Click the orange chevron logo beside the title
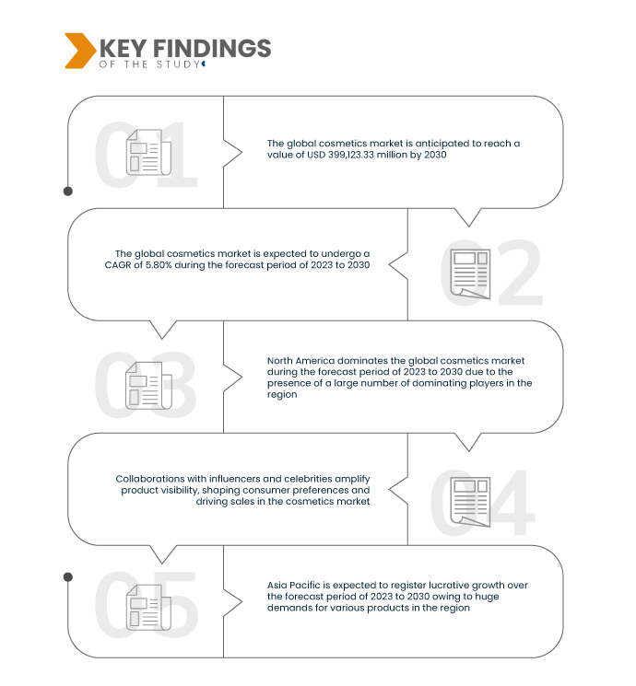[x=79, y=50]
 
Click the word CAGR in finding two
[x=131, y=265]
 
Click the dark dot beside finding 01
[x=68, y=192]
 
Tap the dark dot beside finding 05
[x=68, y=576]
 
